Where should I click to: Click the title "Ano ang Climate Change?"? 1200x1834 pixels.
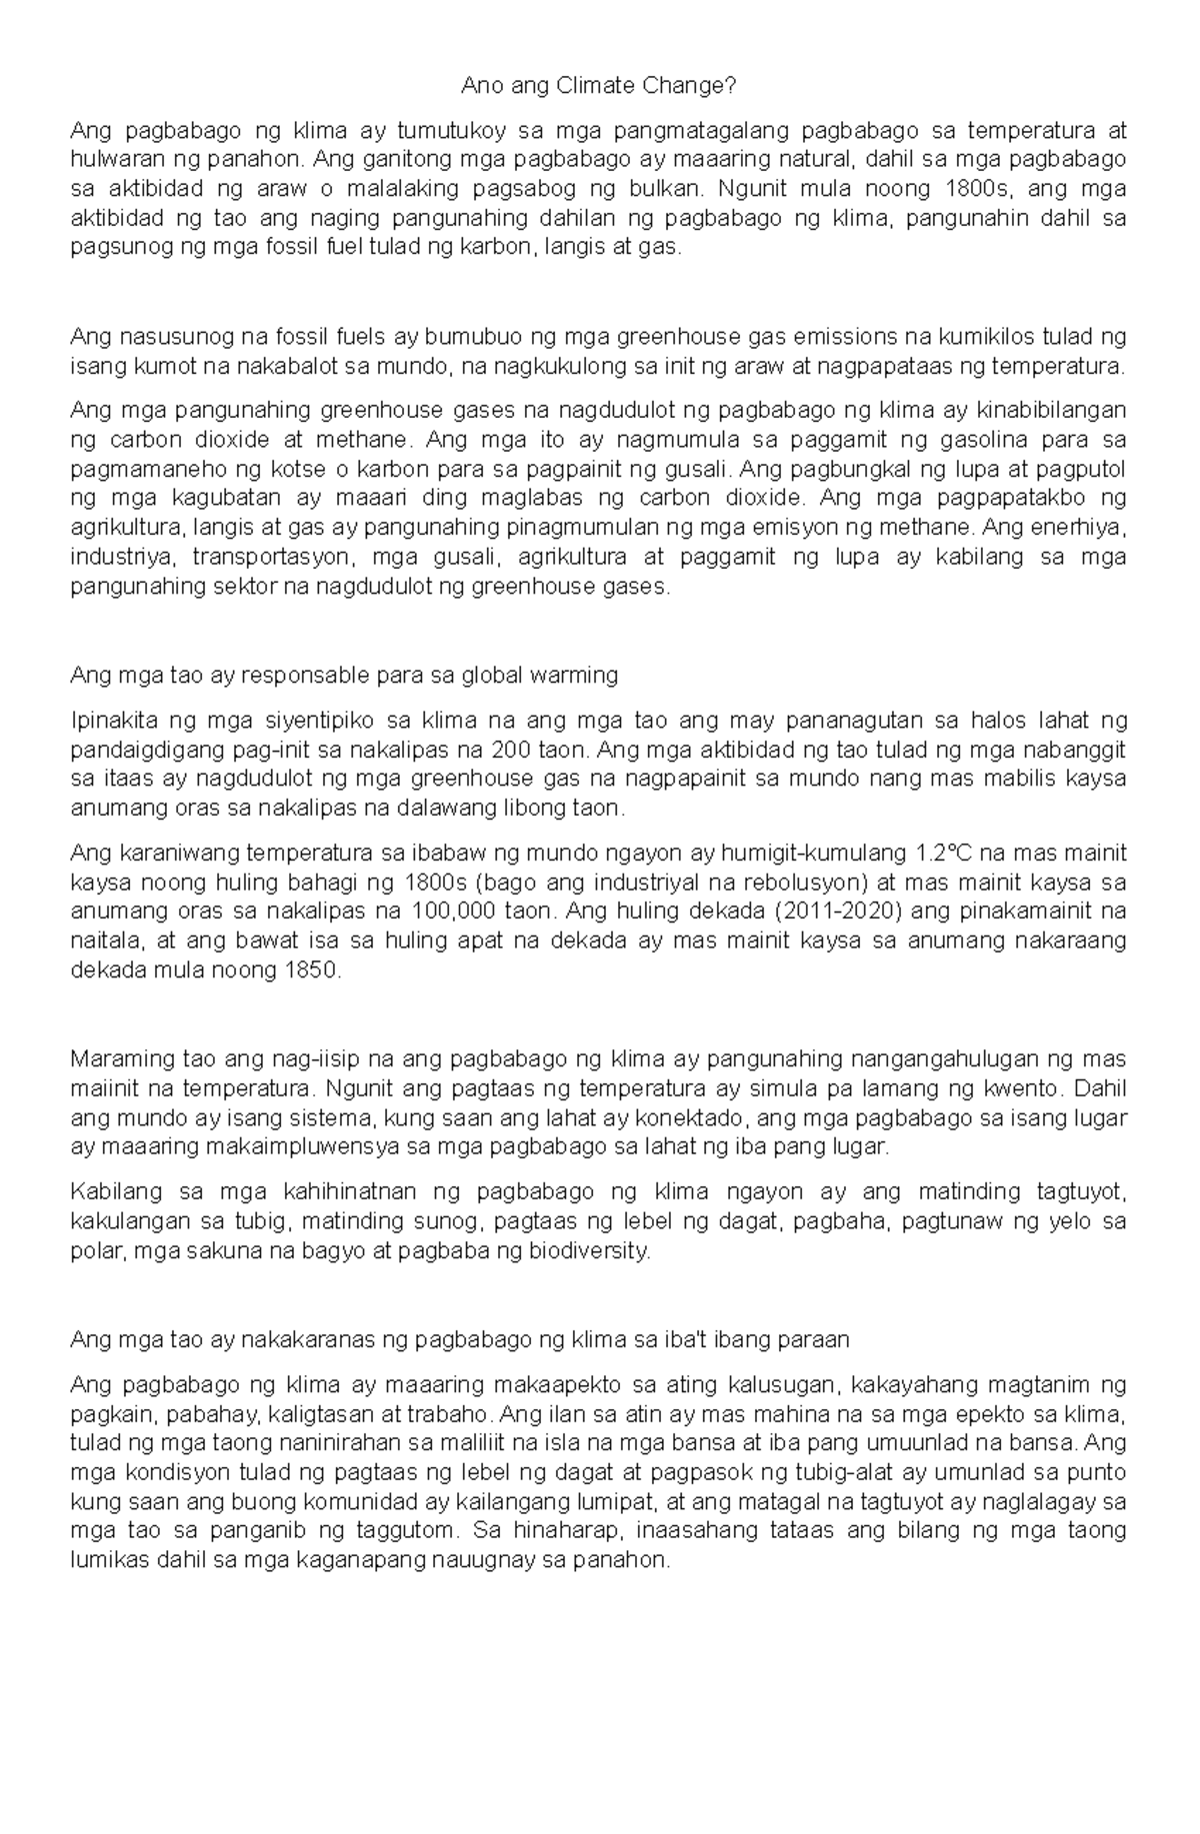pos(598,87)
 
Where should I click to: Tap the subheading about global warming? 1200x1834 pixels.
pos(344,676)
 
